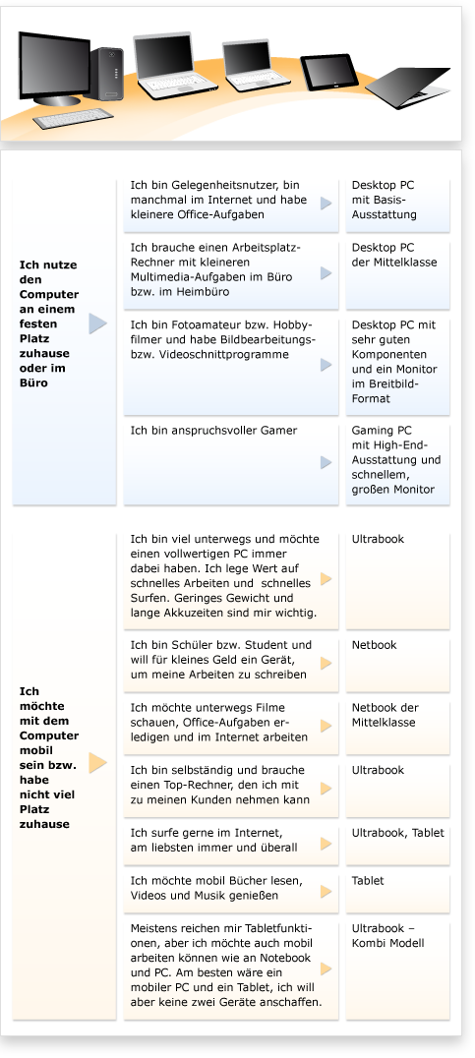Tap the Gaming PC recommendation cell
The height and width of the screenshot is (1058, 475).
click(x=397, y=460)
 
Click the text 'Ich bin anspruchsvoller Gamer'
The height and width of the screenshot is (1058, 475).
click(x=213, y=431)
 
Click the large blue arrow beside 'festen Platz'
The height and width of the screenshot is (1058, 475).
click(x=97, y=323)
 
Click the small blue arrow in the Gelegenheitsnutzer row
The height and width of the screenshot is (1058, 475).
click(x=327, y=203)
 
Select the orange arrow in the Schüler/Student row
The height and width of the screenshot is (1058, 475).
click(x=327, y=663)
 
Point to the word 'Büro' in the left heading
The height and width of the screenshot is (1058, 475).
click(x=33, y=383)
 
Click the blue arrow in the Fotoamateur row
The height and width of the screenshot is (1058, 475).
click(x=327, y=365)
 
